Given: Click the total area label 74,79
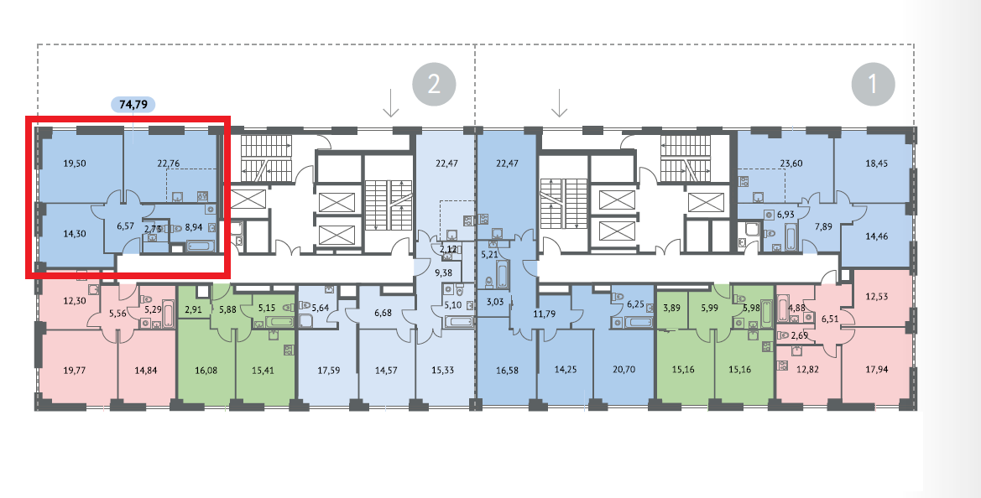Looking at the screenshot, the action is [133, 105].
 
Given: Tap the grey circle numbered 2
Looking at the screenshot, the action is [434, 84].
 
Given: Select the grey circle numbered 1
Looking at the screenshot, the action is [873, 85].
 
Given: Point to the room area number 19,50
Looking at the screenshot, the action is [76, 164].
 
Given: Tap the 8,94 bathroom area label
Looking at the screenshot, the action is [194, 226].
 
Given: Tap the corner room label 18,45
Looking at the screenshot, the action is [878, 164].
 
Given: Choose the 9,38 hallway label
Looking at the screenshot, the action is [443, 272].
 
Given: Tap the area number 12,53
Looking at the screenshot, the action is [878, 296].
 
